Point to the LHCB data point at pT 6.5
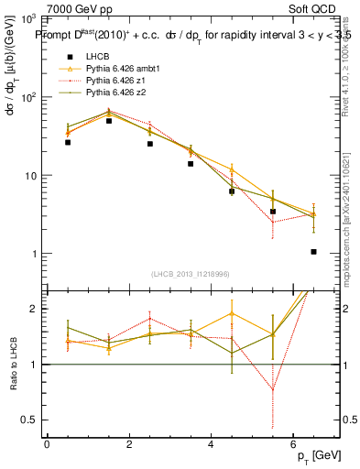tap(313, 252)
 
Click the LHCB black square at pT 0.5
tap(68, 142)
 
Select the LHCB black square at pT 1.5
tap(109, 121)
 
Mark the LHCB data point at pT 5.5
tap(272, 212)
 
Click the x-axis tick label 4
tap(211, 444)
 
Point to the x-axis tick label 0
tap(47, 444)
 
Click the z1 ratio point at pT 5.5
tap(272, 388)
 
